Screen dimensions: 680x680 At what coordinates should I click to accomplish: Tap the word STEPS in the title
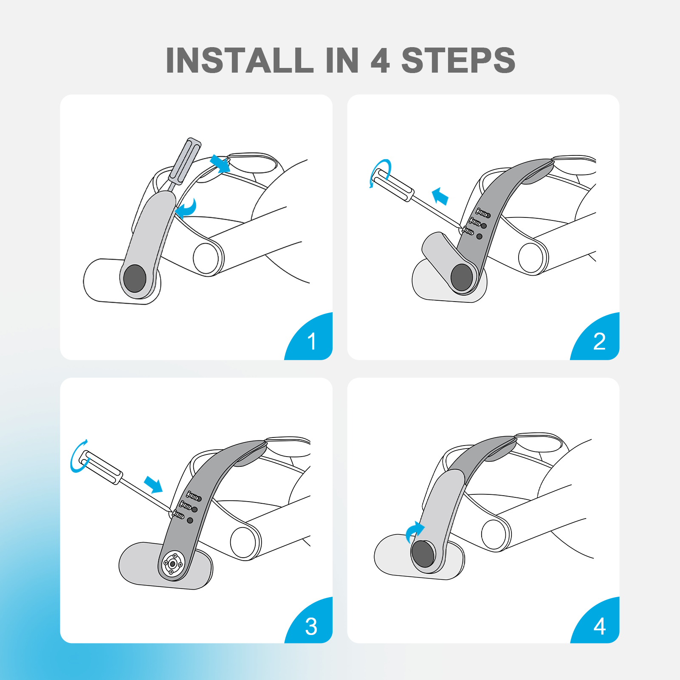[458, 60]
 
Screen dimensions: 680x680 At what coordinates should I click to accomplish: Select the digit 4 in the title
[380, 60]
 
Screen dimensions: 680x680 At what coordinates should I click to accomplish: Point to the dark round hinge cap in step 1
[135, 278]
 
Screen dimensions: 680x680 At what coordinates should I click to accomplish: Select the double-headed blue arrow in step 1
[220, 164]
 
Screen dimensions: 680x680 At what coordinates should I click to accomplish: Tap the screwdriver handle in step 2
[392, 185]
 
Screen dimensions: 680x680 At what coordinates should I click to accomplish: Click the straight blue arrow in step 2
[440, 196]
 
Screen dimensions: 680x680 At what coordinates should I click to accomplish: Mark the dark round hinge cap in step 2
[462, 277]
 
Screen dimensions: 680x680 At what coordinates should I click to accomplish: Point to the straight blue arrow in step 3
[153, 484]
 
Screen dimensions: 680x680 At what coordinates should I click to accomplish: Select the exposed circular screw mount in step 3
[173, 564]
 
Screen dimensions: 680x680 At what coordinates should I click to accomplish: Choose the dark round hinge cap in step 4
[423, 554]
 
